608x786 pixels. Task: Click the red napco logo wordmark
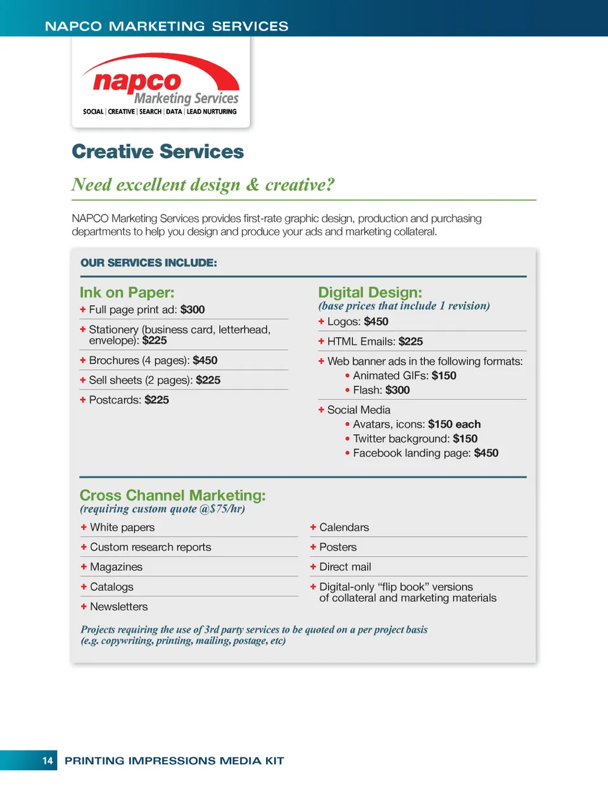pos(137,82)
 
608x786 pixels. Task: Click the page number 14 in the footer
pos(47,761)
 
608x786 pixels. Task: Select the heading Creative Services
pos(158,152)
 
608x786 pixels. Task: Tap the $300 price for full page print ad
pos(193,309)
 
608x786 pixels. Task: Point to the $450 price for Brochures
pos(205,360)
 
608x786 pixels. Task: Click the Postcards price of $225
pos(156,400)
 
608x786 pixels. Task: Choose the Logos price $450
pos(376,321)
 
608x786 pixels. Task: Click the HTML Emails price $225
pos(410,342)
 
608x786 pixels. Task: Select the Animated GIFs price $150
pos(444,376)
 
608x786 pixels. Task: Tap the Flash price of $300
pos(398,390)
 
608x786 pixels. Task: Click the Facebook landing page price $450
pos(486,453)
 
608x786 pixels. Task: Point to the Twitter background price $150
pos(465,439)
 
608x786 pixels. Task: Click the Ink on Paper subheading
pos(127,292)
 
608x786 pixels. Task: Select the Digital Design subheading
pos(370,292)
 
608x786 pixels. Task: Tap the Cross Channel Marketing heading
pos(172,496)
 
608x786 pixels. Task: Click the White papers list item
pos(122,528)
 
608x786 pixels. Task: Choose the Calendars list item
pos(344,528)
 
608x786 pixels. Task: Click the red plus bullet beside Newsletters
pos(84,606)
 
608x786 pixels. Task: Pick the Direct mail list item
pos(345,567)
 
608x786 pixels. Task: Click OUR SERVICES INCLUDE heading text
pos(149,263)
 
